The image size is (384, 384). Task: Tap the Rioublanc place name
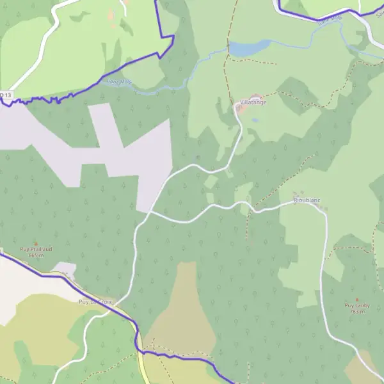(307, 200)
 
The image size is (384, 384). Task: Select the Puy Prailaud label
(35, 250)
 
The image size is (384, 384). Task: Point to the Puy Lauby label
(356, 305)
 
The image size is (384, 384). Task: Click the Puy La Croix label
(95, 301)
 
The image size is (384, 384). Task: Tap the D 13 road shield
(5, 95)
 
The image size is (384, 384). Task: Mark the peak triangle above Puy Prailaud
(36, 243)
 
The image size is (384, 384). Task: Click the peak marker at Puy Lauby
(356, 299)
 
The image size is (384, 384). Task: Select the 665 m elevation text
(36, 255)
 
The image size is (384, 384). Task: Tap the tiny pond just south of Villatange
(255, 120)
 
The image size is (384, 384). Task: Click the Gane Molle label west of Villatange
(118, 83)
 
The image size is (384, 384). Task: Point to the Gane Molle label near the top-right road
(330, 19)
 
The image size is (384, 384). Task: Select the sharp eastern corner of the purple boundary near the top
(174, 36)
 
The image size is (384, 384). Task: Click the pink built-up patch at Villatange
(242, 109)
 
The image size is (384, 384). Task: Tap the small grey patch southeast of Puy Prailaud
(64, 268)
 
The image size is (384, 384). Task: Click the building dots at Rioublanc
(296, 194)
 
